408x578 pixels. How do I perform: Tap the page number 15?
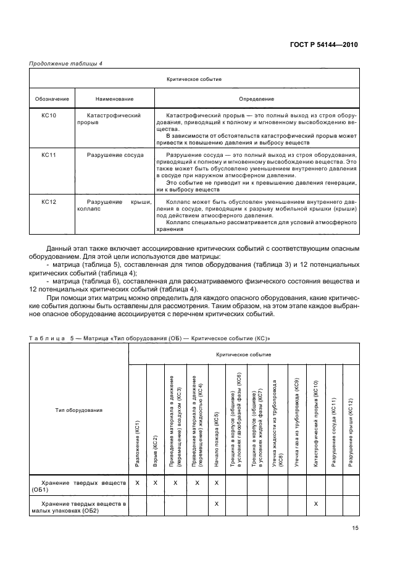click(x=355, y=528)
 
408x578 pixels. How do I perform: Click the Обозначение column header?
click(x=51, y=99)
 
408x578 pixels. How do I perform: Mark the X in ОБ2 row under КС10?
click(x=315, y=504)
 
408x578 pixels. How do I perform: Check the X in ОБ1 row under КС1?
click(x=138, y=482)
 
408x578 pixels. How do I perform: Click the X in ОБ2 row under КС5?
click(x=217, y=504)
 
